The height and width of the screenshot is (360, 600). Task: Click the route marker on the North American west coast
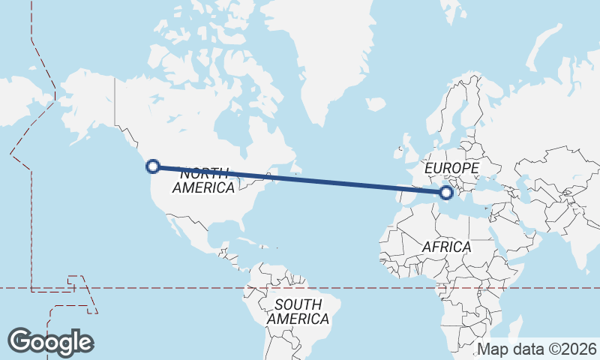153,166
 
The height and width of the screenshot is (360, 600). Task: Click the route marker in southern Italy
446,193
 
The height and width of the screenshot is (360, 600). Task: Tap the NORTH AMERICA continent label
204,181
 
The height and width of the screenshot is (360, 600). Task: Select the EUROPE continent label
451,168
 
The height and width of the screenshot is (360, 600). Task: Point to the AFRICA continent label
446,247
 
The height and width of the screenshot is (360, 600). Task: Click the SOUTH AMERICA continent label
298,312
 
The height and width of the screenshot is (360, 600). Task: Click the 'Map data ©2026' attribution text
537,349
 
